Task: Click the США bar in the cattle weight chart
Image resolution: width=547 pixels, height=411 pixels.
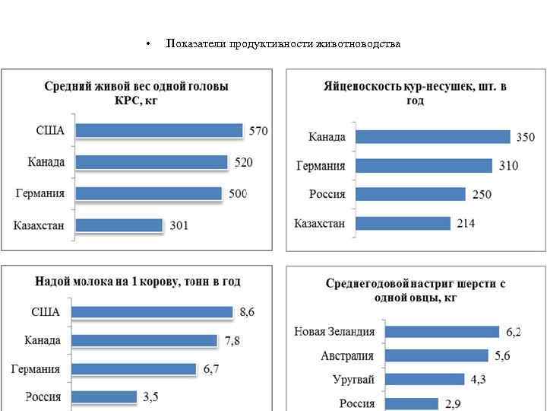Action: click(160, 131)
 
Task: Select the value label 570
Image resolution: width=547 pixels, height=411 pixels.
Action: click(259, 131)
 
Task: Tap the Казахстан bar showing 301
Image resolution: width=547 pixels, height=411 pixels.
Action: click(119, 225)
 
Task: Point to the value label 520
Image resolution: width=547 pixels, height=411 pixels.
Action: click(243, 162)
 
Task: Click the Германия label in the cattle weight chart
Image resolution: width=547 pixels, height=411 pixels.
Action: click(40, 193)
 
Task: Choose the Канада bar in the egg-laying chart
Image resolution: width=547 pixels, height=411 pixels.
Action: click(433, 137)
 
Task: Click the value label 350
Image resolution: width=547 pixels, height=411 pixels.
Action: click(526, 138)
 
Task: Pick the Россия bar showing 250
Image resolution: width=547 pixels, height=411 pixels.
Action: click(410, 194)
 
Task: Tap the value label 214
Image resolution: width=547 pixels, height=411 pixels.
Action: click(466, 224)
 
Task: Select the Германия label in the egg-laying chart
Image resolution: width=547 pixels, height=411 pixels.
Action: click(320, 166)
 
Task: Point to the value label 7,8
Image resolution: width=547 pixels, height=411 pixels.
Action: click(232, 341)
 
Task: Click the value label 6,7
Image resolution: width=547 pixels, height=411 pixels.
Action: click(211, 369)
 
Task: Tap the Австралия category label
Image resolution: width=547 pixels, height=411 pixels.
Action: click(347, 355)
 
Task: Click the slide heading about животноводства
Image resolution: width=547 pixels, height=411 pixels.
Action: click(283, 43)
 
